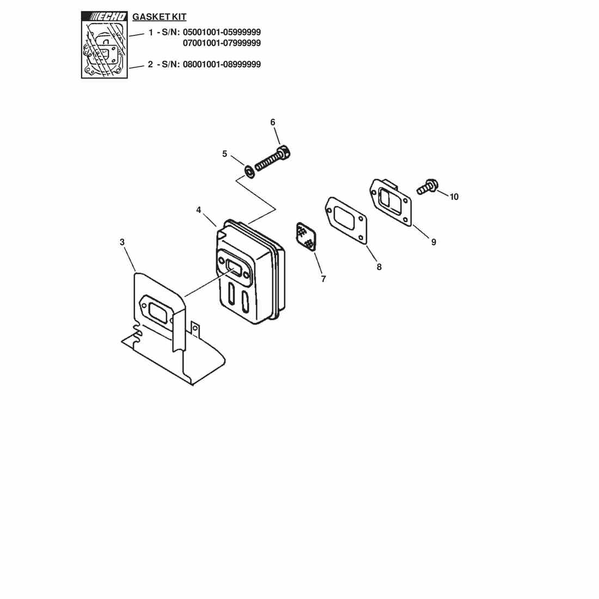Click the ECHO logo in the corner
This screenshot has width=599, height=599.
pos(105,16)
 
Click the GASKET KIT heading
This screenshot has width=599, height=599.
pos(160,17)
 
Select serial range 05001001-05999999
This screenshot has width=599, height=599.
pos(222,32)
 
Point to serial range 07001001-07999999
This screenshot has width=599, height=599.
pos(222,43)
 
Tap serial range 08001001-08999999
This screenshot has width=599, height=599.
pos(222,64)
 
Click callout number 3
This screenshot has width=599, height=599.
pos(122,242)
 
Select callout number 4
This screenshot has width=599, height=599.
pos(199,210)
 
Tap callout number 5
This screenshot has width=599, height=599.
pos(224,154)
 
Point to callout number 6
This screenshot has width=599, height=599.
pos(273,122)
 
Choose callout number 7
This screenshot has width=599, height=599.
pos(323,279)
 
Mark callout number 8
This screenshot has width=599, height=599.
pos(379,267)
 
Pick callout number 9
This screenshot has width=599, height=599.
pos(433,242)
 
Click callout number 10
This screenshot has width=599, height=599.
pos(454,197)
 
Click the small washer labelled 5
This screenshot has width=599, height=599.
pos(249,170)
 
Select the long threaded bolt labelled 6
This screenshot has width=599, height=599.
pos(272,158)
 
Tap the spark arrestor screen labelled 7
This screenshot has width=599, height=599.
pos(306,236)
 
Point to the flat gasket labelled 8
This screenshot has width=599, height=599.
pos(346,221)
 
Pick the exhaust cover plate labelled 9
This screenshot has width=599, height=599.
pos(391,203)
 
